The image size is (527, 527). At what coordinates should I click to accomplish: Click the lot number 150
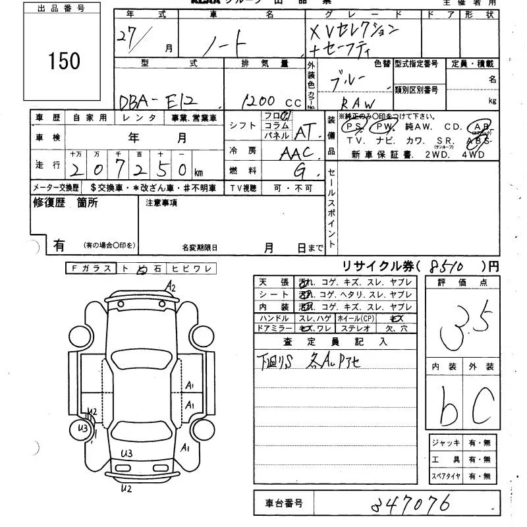click(x=64, y=61)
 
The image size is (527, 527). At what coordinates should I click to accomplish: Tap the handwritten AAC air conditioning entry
click(x=298, y=153)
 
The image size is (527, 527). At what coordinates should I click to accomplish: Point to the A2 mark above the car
click(x=171, y=287)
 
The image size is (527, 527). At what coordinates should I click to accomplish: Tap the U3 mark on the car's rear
click(x=126, y=453)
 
